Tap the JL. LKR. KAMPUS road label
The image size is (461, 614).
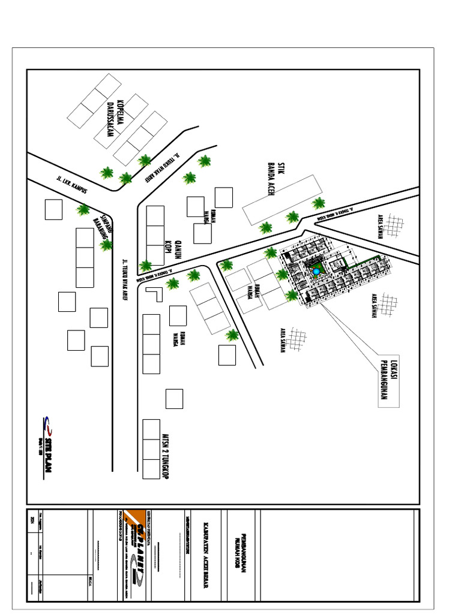(x=71, y=185)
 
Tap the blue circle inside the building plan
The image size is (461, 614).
(x=316, y=273)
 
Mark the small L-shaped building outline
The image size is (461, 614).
(x=155, y=293)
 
